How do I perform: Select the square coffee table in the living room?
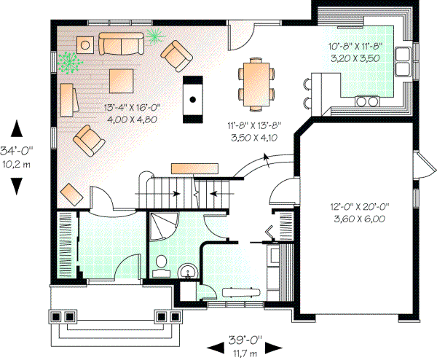point(121,78)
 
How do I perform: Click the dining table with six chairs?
point(257,79)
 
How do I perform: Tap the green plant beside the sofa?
point(154,34)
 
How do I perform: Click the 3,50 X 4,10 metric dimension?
point(254,136)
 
